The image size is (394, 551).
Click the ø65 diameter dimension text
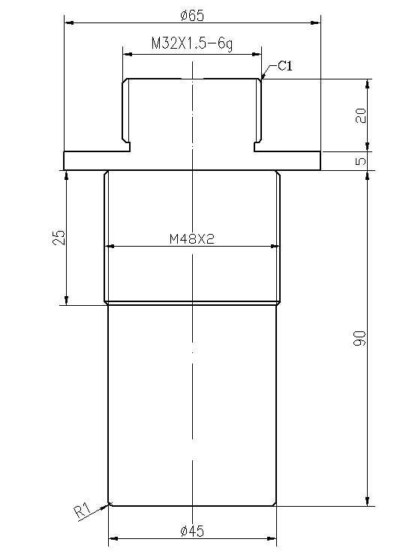point(193,15)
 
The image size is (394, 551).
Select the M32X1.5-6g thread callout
point(191,44)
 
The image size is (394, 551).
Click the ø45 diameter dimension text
point(192,531)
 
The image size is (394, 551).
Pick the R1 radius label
point(83,513)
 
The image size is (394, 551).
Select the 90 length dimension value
point(360,337)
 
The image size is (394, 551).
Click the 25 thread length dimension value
point(60,238)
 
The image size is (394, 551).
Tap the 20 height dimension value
point(360,115)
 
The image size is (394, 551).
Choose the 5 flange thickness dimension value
point(361,160)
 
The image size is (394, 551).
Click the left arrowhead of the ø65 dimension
point(68,23)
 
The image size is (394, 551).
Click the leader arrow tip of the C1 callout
point(262,78)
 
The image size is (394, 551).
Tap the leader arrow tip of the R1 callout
point(110,503)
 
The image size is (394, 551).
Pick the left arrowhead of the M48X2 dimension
point(111,246)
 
